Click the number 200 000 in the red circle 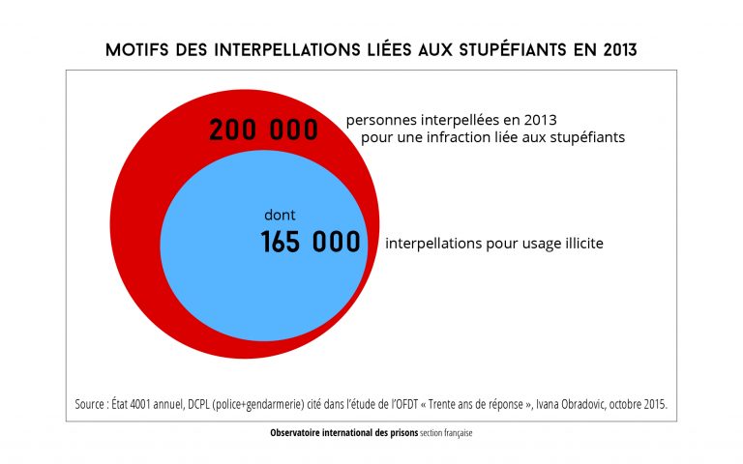pyautogui.click(x=263, y=130)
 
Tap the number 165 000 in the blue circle pyautogui.click(x=311, y=243)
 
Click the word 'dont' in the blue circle pyautogui.click(x=280, y=216)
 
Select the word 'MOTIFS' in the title pyautogui.click(x=137, y=49)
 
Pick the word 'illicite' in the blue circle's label pyautogui.click(x=580, y=244)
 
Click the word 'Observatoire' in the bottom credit pyautogui.click(x=299, y=434)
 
